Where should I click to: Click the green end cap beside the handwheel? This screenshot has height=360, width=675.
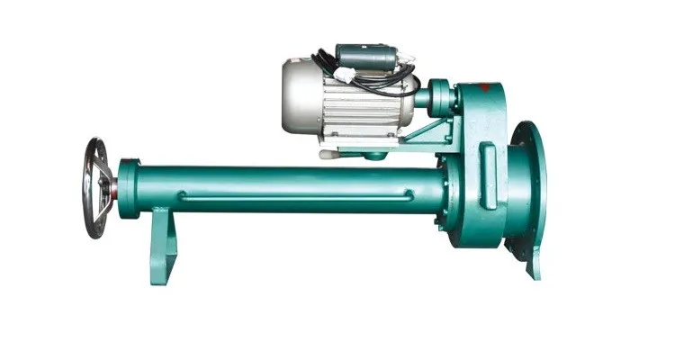pyautogui.click(x=128, y=188)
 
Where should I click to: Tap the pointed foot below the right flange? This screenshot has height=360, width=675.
pyautogui.click(x=535, y=265)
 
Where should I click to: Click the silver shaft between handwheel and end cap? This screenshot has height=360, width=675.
pyautogui.click(x=112, y=188)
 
